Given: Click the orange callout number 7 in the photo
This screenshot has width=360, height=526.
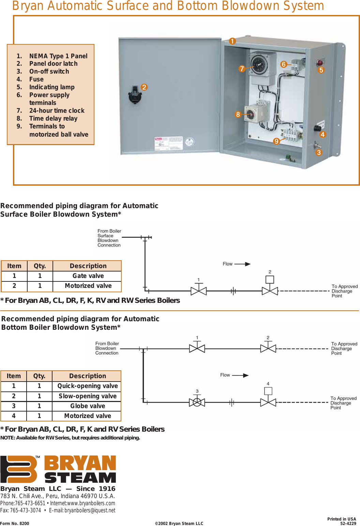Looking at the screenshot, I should coord(242,68).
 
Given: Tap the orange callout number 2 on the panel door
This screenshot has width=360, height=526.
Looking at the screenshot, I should coord(144,87).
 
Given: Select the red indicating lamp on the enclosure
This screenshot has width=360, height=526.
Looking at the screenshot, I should coord(320,63).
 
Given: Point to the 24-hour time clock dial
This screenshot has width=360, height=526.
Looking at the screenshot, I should coord(259,63).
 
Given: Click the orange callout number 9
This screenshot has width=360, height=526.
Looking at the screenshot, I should coord(276,141).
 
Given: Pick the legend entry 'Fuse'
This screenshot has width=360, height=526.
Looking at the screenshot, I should coord(36,79).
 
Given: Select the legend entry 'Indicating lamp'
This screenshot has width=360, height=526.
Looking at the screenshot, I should coord(51,87).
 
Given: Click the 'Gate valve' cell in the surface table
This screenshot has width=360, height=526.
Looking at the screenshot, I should coord(88,276).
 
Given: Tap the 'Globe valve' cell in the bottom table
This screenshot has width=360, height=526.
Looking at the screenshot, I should coord(87,406).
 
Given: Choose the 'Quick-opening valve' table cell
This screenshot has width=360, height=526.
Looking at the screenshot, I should coord(87,386).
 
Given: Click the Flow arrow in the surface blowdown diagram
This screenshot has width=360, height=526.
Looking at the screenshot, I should coord(242,264).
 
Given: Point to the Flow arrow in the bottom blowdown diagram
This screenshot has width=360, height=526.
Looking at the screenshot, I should coord(240,375).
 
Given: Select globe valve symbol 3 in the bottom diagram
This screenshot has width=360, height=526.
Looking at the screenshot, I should coord(197,402).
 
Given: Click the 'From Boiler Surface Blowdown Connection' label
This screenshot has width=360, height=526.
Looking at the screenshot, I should coord(109,238).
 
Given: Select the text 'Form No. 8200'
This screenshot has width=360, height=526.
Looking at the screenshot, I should coord(15,523).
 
